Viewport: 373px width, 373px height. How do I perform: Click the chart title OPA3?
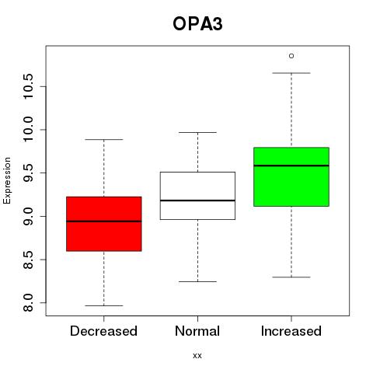coord(197,24)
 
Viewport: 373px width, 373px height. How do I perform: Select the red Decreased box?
coord(104,224)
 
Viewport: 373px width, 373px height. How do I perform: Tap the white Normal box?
coord(197,196)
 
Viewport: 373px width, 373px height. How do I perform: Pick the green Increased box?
coord(291,176)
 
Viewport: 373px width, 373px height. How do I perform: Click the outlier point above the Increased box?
coord(291,56)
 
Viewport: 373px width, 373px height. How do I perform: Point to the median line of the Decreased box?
coord(104,221)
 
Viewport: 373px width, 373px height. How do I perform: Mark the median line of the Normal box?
coord(197,200)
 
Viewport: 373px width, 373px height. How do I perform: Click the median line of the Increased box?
coord(291,166)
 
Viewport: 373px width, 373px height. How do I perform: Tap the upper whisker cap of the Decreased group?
coord(104,139)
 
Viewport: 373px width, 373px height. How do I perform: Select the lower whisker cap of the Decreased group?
coord(104,305)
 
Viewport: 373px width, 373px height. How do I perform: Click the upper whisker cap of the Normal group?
coord(197,132)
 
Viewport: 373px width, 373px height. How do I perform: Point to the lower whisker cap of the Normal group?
coord(197,281)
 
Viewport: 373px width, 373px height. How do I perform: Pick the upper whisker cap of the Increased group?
coord(291,73)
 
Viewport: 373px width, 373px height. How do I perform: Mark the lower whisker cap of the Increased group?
coord(291,277)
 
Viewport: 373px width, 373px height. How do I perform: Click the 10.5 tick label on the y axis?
coord(28,86)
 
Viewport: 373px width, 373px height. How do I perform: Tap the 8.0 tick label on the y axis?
coord(28,302)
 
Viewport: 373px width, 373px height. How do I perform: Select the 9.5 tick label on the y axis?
coord(28,173)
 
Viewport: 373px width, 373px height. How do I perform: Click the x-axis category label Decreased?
coord(103,331)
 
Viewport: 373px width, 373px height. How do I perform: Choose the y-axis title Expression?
coord(7,180)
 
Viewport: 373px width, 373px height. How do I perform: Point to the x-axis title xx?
coord(197,356)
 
